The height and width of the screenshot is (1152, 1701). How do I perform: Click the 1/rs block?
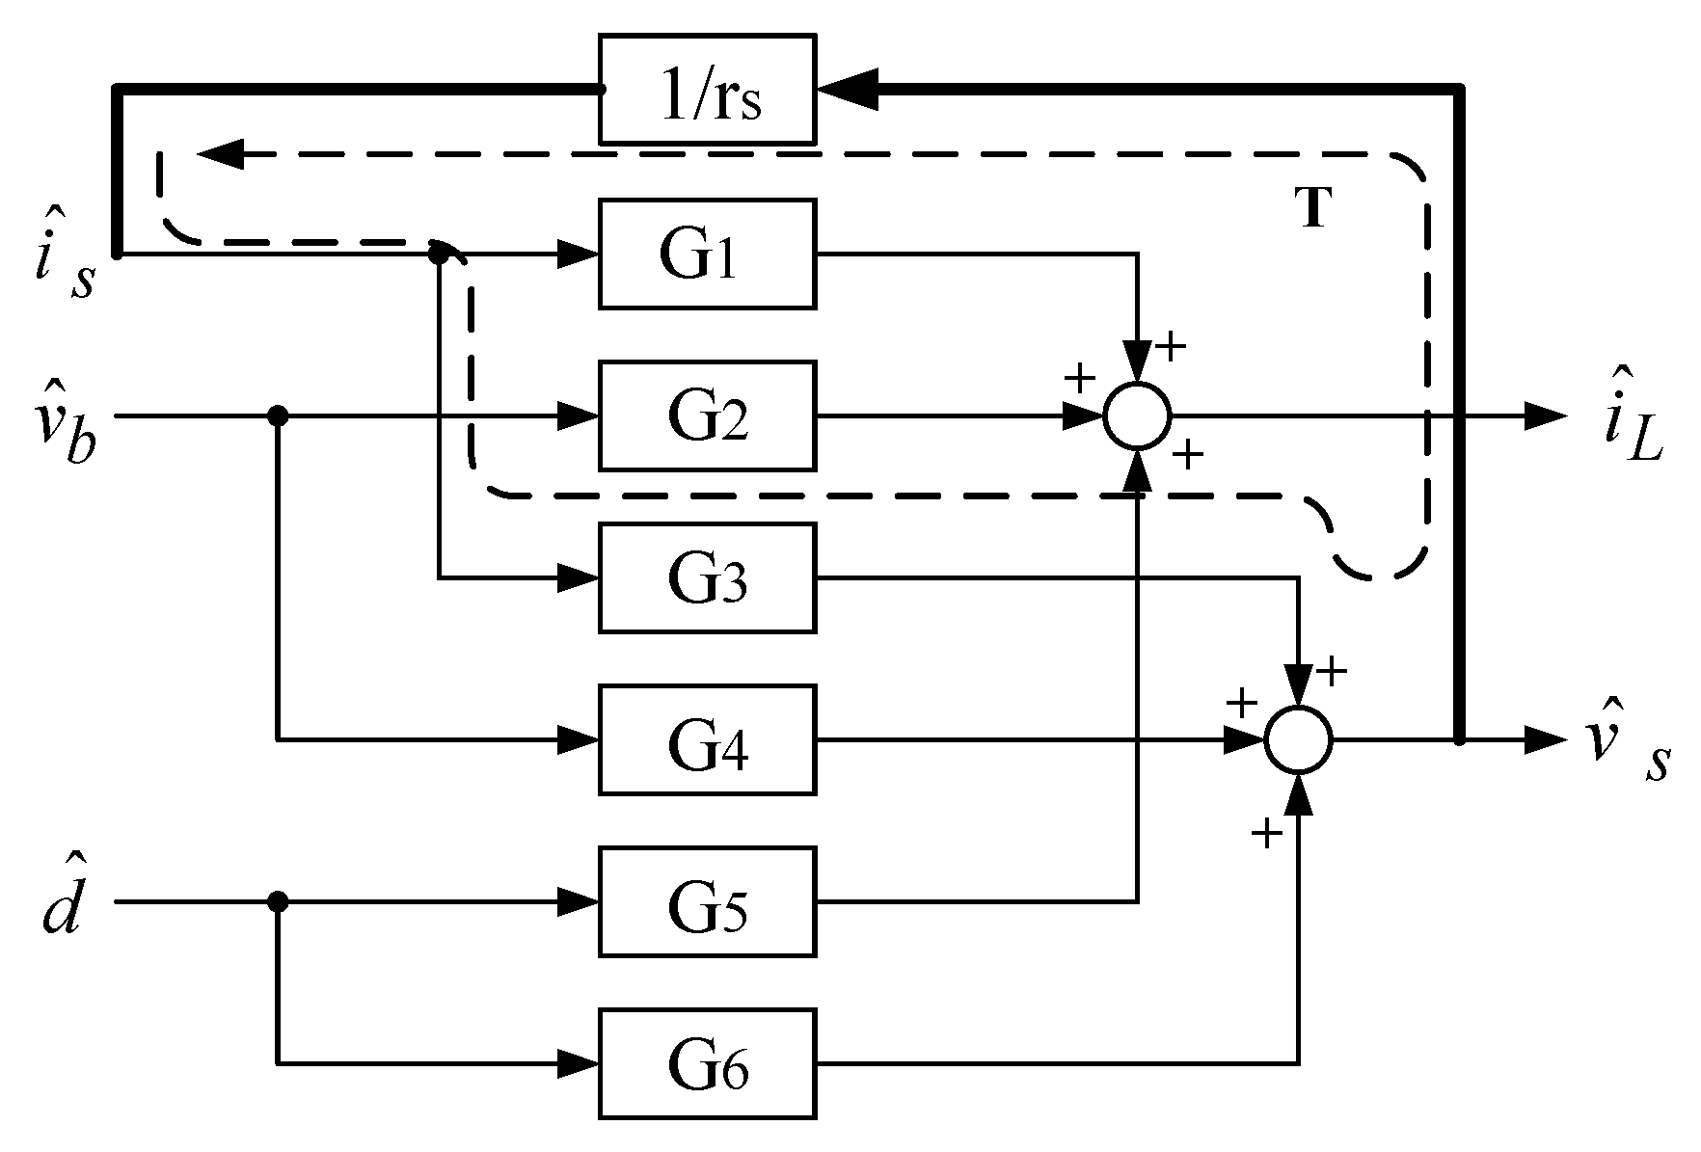click(707, 90)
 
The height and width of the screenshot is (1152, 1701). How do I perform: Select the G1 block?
click(707, 255)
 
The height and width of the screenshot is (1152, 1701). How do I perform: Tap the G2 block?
click(707, 415)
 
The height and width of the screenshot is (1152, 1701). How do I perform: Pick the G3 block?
click(707, 577)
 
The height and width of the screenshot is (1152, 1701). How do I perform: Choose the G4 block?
click(707, 739)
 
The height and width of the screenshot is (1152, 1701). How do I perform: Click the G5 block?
click(707, 901)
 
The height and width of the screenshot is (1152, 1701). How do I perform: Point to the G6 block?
click(707, 1063)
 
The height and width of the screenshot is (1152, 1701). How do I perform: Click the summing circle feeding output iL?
click(1138, 415)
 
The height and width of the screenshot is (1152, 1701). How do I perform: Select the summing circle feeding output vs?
click(1299, 739)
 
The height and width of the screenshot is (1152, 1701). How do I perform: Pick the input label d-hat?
click(62, 904)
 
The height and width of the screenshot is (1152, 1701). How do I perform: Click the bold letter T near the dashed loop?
click(1314, 207)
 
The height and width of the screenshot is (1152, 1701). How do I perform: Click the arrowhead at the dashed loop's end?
click(220, 154)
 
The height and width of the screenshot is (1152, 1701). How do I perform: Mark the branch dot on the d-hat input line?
click(278, 901)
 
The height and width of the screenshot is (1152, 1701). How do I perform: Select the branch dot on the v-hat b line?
click(278, 415)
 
